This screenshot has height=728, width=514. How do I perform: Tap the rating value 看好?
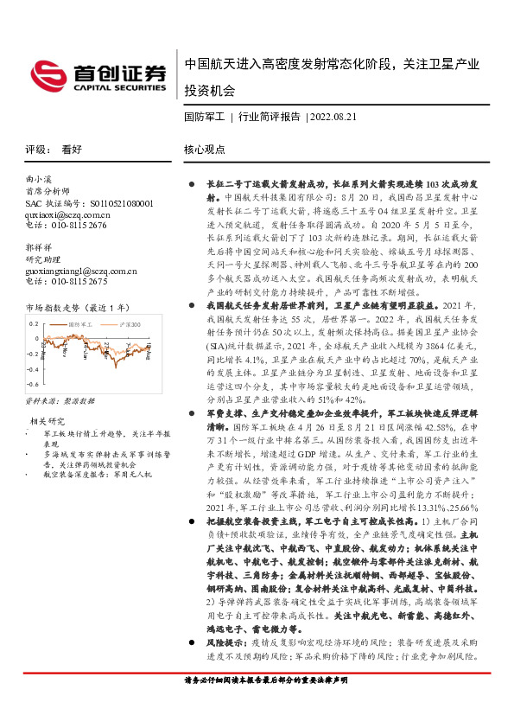coord(72,149)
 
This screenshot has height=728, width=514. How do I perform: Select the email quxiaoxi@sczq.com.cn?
coord(68,214)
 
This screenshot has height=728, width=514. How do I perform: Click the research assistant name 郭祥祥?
coord(39,247)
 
